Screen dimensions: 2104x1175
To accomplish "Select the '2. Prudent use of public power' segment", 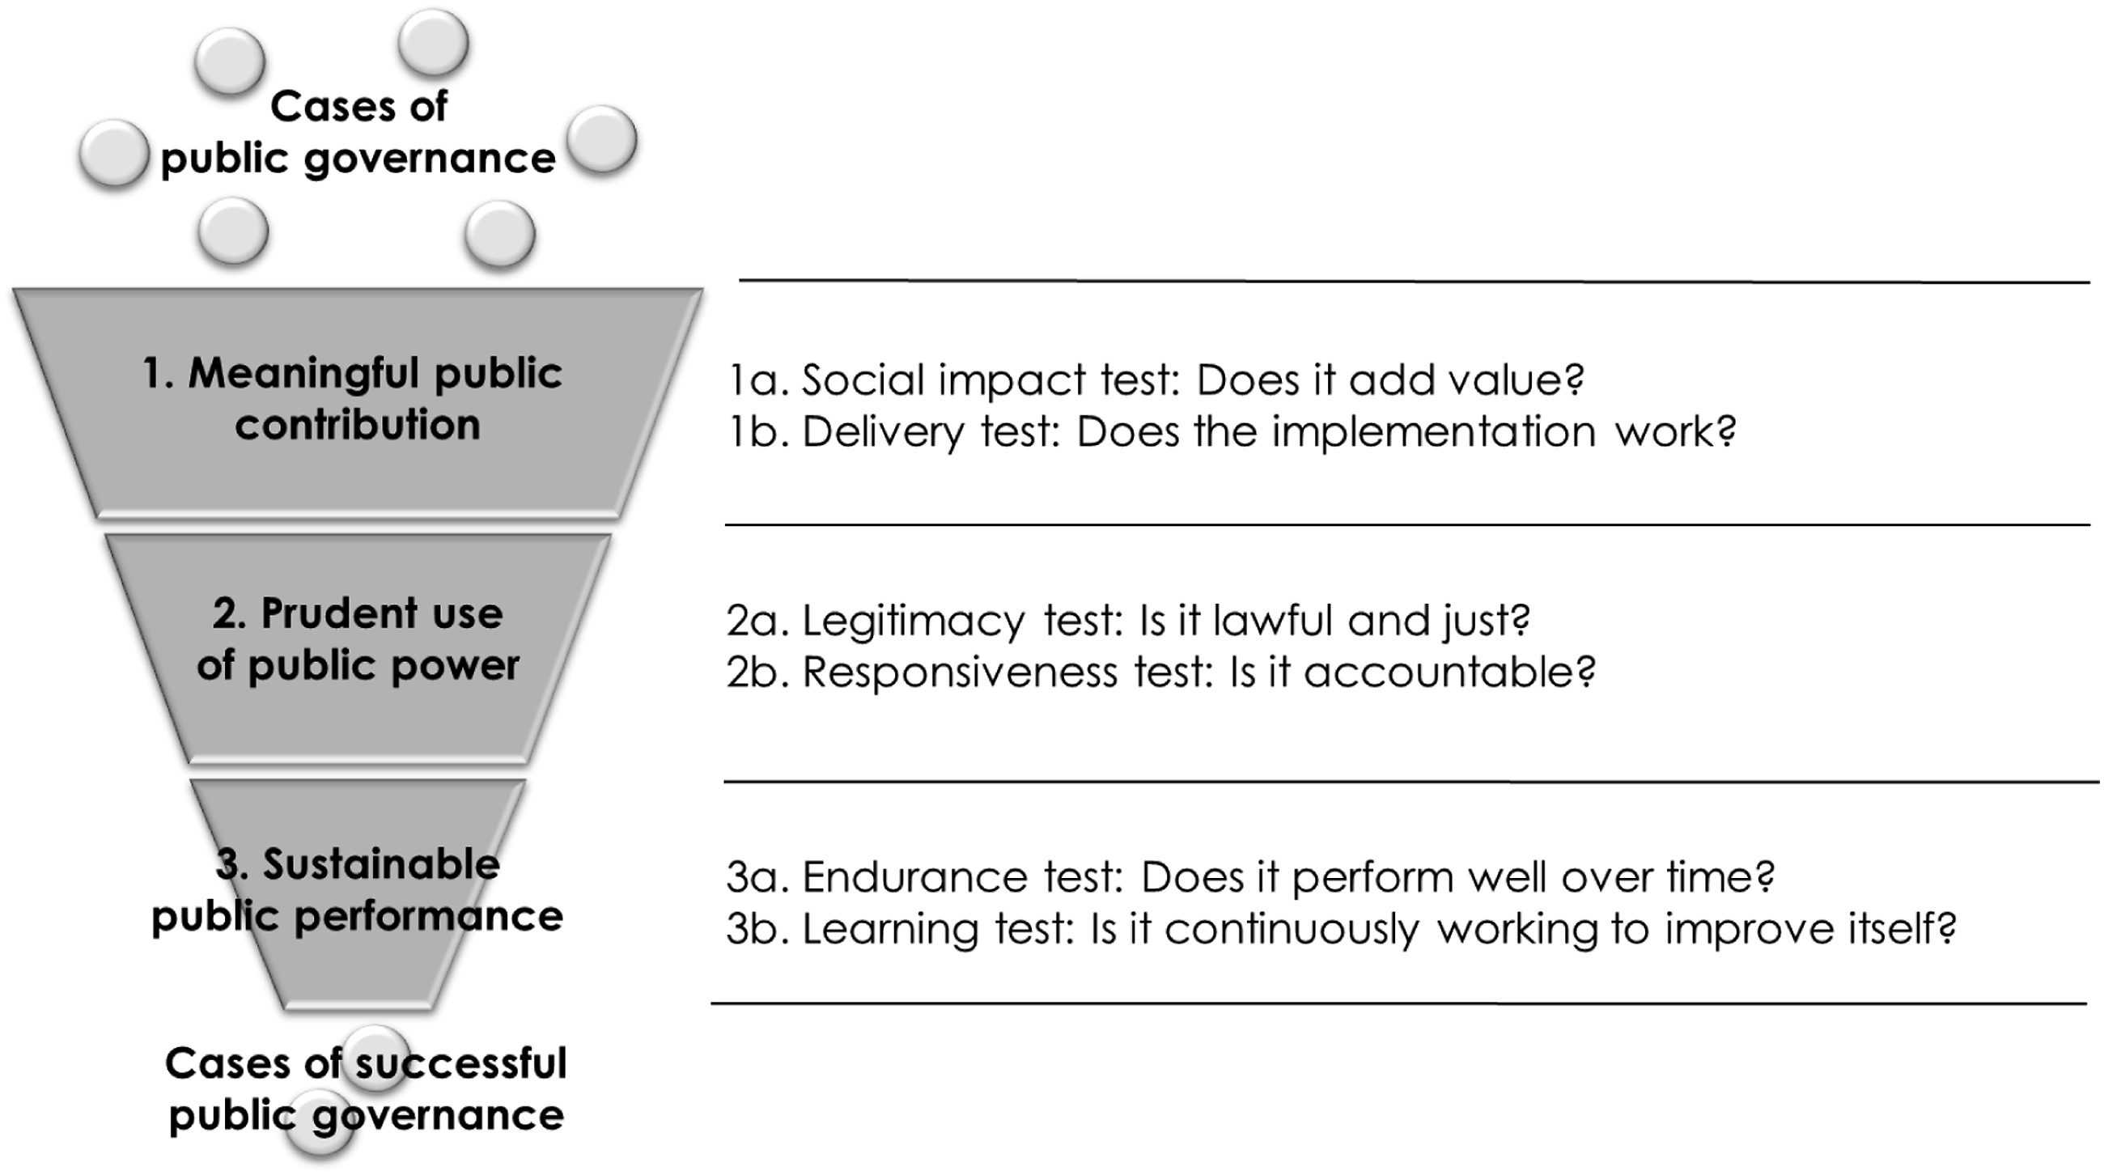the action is [x=358, y=649].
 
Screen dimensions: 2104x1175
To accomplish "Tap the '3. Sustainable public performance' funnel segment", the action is [x=358, y=894].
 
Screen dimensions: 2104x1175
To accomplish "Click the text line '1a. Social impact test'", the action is [x=1156, y=380].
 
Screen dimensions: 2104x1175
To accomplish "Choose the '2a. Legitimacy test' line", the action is [x=1128, y=621].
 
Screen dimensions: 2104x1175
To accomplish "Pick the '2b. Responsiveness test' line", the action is [x=1160, y=672].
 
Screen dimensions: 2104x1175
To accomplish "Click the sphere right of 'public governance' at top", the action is [x=601, y=140].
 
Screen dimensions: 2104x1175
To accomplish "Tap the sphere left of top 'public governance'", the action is [x=113, y=154].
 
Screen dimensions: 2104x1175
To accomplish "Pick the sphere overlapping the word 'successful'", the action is [x=375, y=1060].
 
